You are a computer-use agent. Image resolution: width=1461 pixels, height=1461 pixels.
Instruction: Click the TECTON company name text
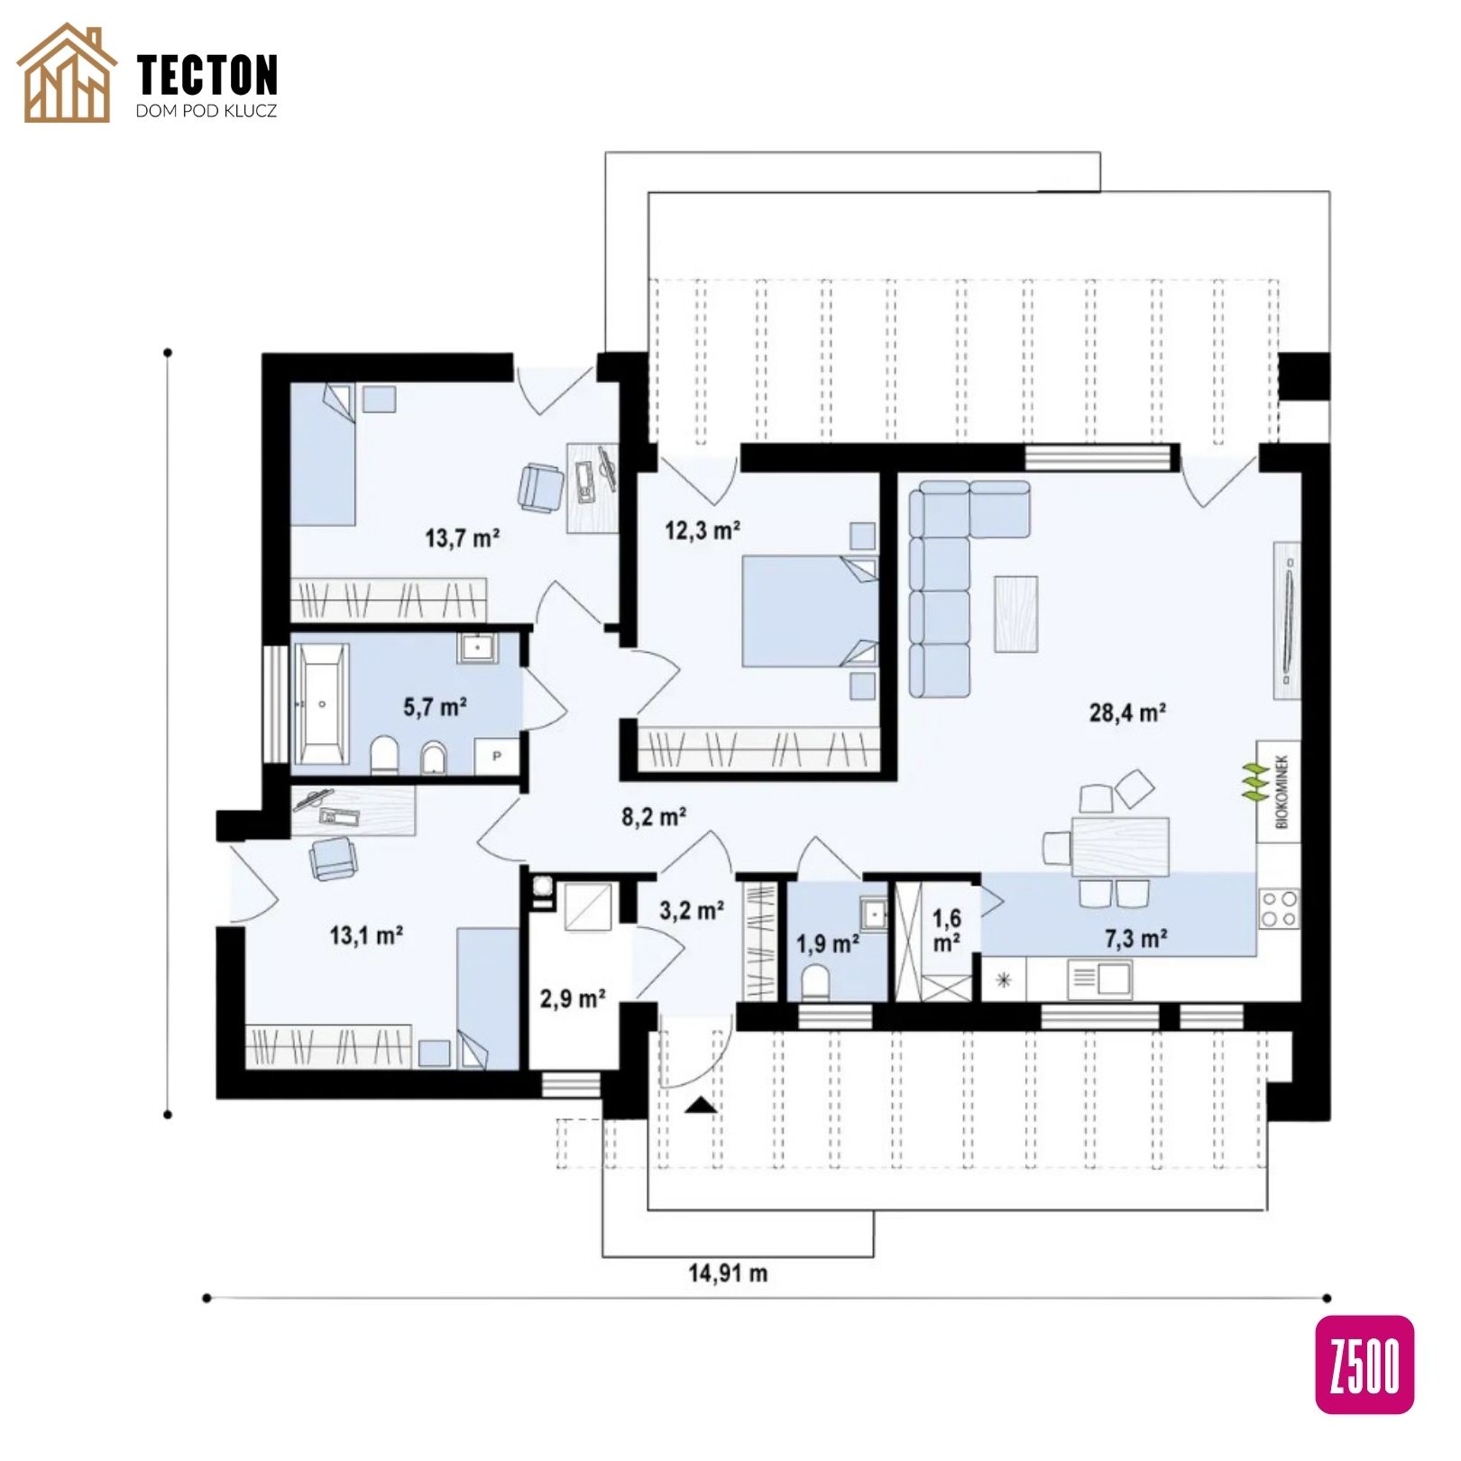[x=207, y=75]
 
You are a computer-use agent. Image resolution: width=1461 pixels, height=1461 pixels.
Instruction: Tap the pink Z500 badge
[x=1365, y=1364]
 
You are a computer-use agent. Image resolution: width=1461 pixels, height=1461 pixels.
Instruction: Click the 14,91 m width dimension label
[x=728, y=1273]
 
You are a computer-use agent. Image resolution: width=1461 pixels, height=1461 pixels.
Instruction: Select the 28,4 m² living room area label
[x=1127, y=712]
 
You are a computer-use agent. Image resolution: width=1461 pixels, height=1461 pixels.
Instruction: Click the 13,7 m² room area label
[x=462, y=538]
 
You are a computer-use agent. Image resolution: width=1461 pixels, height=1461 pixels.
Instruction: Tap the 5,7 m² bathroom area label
[x=435, y=706]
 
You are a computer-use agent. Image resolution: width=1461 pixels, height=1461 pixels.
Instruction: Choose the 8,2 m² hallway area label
[x=654, y=817]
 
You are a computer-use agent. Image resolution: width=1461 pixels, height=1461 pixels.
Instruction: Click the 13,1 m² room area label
[x=366, y=935]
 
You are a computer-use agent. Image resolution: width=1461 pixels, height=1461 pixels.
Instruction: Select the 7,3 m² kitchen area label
[x=1136, y=939]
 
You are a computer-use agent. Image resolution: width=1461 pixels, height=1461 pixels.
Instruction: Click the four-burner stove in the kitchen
[x=1279, y=908]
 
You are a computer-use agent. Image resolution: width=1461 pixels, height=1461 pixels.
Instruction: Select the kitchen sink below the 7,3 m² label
[x=1099, y=979]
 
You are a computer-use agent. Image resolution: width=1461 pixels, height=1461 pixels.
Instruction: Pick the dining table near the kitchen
[x=1120, y=847]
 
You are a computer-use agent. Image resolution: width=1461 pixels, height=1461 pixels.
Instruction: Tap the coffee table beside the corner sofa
[x=1016, y=613]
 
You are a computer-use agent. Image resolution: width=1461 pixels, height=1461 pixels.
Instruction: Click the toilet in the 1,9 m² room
[x=816, y=982]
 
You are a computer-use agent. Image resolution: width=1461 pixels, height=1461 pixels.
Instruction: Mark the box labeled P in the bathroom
[x=497, y=757]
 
